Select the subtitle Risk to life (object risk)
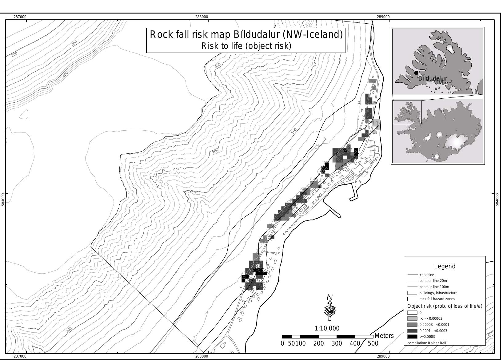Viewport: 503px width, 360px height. [246, 46]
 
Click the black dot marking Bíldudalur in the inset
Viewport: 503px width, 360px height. [416, 73]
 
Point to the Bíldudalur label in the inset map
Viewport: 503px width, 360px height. [433, 78]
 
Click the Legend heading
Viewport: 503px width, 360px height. [445, 266]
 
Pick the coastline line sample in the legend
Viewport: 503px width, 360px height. [412, 275]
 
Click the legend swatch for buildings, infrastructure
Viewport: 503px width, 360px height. [412, 293]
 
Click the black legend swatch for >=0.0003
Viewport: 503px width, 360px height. [412, 337]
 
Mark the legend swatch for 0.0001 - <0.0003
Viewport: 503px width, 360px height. [412, 331]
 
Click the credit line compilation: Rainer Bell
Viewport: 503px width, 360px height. [426, 343]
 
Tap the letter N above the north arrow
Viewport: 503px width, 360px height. [330, 297]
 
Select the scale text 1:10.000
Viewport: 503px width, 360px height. [327, 328]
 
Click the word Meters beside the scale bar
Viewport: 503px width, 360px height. [384, 336]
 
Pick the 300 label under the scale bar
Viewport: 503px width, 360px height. [337, 343]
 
